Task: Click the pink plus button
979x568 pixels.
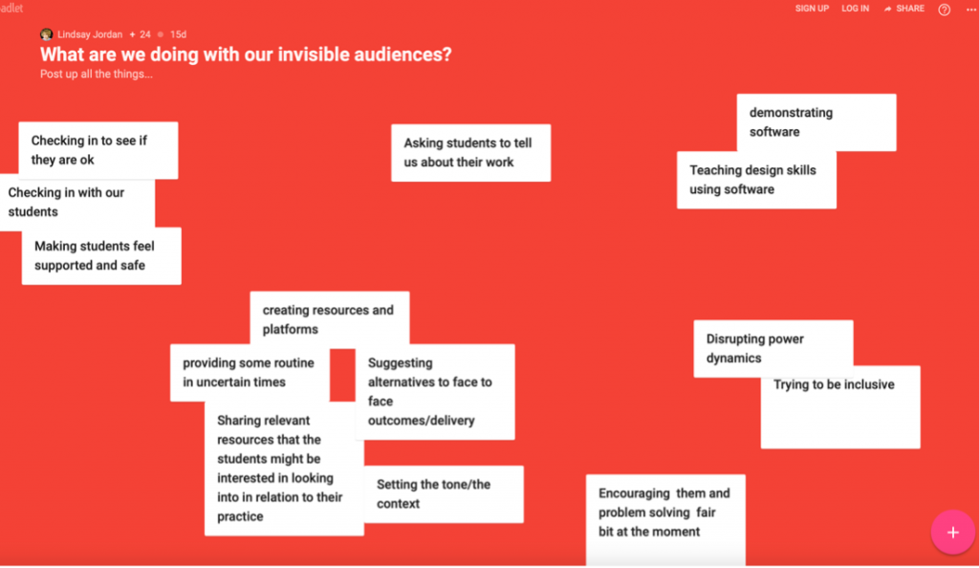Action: (x=952, y=533)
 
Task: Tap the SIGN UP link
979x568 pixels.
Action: (x=812, y=9)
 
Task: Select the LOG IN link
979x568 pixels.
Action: (x=855, y=9)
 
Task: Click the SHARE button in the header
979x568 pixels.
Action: (x=904, y=9)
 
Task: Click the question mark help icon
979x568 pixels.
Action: (x=944, y=10)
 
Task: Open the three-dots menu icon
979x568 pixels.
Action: (x=971, y=10)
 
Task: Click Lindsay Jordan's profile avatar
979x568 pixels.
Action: (x=46, y=34)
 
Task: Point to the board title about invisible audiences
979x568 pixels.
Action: (x=246, y=55)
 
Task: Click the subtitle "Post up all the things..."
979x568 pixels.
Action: (x=97, y=75)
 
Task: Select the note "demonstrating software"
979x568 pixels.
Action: (x=816, y=122)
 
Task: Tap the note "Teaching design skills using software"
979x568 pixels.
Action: (x=756, y=180)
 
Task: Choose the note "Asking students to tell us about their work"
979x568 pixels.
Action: (x=470, y=153)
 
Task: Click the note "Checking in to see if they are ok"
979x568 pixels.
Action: (x=98, y=150)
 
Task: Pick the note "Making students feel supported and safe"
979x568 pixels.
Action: (x=101, y=256)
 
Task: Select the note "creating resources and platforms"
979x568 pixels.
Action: (x=330, y=319)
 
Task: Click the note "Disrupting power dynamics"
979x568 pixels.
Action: (x=772, y=348)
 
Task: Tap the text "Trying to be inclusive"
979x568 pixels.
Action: (x=834, y=384)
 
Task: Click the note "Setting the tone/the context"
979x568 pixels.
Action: (x=444, y=494)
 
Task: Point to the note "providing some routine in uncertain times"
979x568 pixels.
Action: (x=250, y=373)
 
